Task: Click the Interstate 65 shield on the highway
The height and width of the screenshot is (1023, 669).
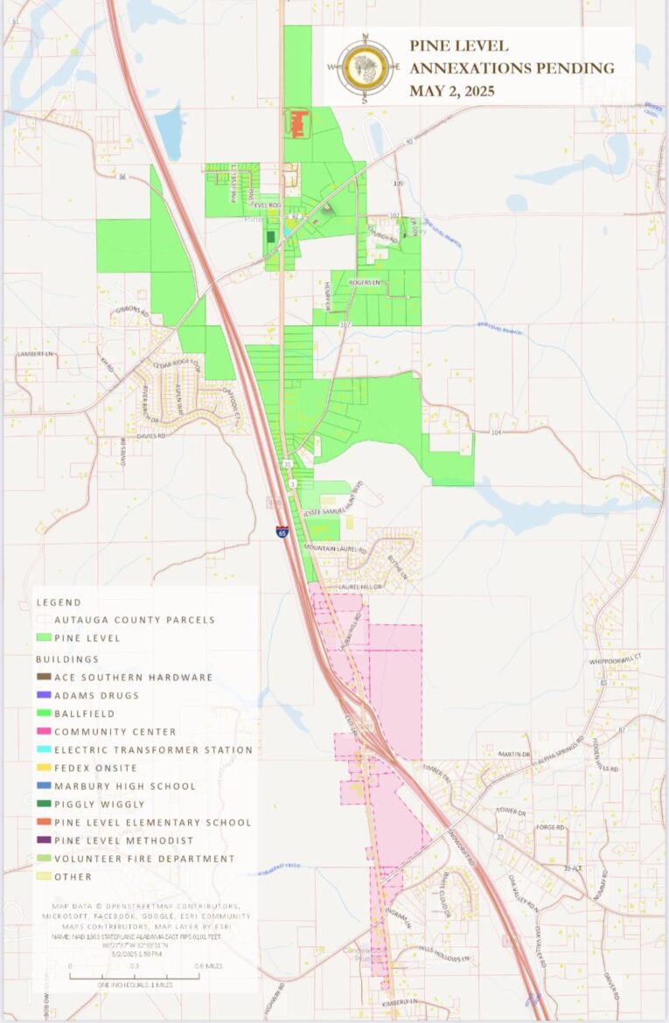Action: click(x=282, y=530)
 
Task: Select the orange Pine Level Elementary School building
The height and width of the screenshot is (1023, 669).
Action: click(x=297, y=123)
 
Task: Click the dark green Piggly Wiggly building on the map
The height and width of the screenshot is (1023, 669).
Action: click(x=270, y=236)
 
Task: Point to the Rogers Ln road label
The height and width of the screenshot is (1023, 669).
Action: click(x=366, y=283)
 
